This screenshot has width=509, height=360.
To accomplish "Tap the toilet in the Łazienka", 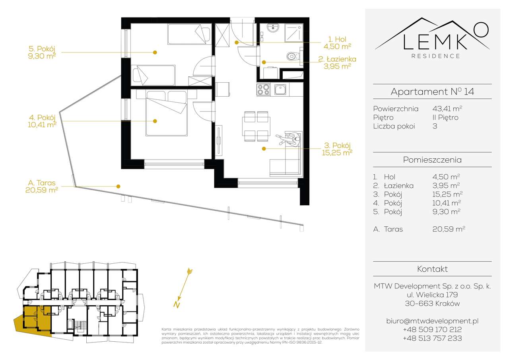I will pyautogui.click(x=293, y=56).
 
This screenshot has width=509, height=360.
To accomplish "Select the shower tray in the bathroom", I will pyautogui.click(x=295, y=32).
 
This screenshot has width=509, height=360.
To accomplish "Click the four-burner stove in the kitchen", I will pyautogui.click(x=263, y=90).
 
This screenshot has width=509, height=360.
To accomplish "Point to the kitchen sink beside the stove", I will pyautogui.click(x=281, y=90).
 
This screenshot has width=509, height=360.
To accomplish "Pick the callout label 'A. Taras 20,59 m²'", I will pyautogui.click(x=42, y=186).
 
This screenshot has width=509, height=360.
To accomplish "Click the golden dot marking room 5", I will pyautogui.click(x=155, y=52).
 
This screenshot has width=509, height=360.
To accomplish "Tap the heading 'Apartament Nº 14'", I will pyautogui.click(x=432, y=92).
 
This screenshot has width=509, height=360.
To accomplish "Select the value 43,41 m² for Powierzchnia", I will pyautogui.click(x=447, y=109).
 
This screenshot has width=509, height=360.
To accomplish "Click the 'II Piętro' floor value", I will pyautogui.click(x=445, y=117).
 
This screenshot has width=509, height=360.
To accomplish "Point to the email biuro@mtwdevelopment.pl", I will pyautogui.click(x=432, y=321).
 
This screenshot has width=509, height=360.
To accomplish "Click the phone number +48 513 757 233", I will pyautogui.click(x=432, y=338).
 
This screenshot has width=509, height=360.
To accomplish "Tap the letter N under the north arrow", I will pyautogui.click(x=175, y=305).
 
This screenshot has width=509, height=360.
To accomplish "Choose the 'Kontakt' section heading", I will pyautogui.click(x=432, y=269).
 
